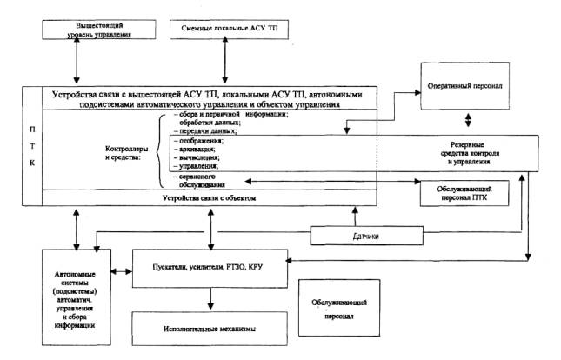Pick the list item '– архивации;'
tap(193, 150)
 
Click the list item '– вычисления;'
tap(195, 159)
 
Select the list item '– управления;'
tap(196, 169)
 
